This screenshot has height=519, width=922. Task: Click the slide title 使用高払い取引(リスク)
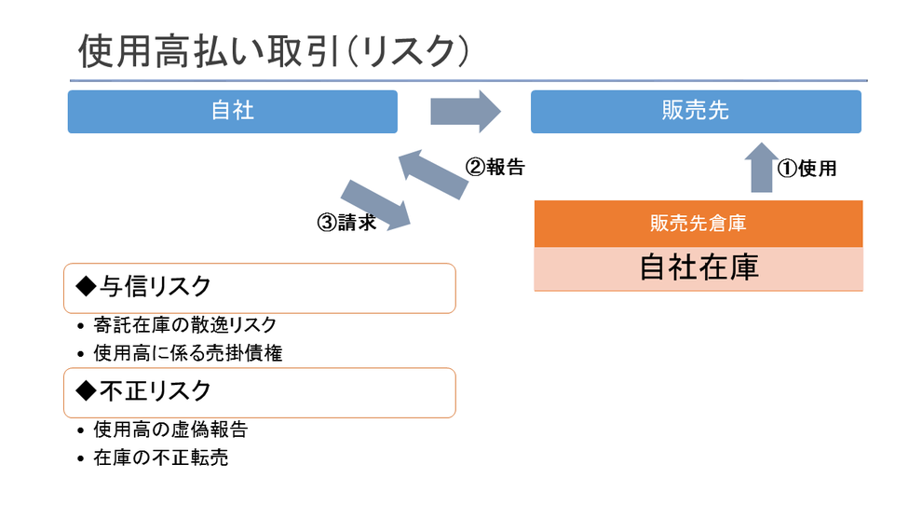pyautogui.click(x=274, y=51)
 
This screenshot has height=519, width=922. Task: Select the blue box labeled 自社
pyautogui.click(x=232, y=111)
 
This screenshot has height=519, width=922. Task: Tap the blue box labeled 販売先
pyautogui.click(x=696, y=111)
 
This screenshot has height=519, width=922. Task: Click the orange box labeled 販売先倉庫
pyautogui.click(x=698, y=224)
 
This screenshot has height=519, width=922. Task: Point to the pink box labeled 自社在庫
pyautogui.click(x=698, y=268)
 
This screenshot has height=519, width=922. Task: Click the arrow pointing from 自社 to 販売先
pyautogui.click(x=465, y=111)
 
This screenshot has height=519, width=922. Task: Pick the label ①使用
pyautogui.click(x=807, y=169)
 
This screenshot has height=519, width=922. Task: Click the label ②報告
pyautogui.click(x=495, y=167)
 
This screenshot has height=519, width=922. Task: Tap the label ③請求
pyautogui.click(x=347, y=223)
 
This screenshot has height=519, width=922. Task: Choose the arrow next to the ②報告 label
pyautogui.click(x=433, y=174)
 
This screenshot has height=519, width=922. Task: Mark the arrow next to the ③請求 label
pyautogui.click(x=375, y=205)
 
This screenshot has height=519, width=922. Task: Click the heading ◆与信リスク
pyautogui.click(x=143, y=287)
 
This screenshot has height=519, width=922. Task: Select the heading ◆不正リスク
pyautogui.click(x=143, y=391)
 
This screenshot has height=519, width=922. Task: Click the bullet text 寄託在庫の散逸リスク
pyautogui.click(x=184, y=325)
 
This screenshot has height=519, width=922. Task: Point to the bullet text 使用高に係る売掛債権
pyautogui.click(x=187, y=353)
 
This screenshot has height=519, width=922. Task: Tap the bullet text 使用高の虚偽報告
pyautogui.click(x=170, y=430)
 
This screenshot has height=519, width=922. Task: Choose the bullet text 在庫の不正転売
pyautogui.click(x=160, y=458)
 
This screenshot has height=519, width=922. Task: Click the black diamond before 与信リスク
pyautogui.click(x=86, y=287)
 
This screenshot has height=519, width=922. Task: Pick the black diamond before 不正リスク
pyautogui.click(x=86, y=391)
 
